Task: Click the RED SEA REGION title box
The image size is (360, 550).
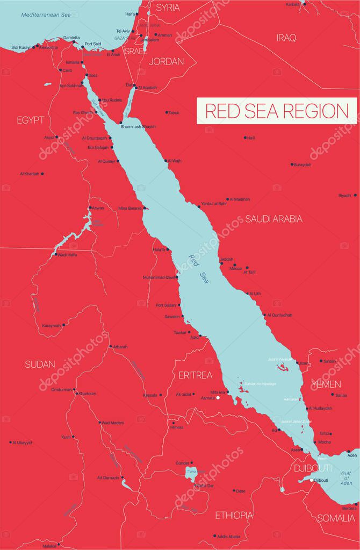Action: (x=277, y=111)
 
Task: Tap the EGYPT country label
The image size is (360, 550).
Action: (x=30, y=120)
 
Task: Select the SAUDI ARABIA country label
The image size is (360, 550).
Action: (x=273, y=219)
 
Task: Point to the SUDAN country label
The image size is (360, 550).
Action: (x=39, y=365)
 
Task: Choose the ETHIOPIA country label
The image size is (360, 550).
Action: (x=234, y=515)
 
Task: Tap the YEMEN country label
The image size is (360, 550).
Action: (x=326, y=384)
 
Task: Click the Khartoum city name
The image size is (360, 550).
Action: (x=87, y=394)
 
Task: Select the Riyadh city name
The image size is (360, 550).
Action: (x=344, y=196)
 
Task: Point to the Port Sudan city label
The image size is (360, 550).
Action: (x=166, y=305)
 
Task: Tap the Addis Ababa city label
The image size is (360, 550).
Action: (x=229, y=536)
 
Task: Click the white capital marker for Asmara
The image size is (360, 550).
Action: (x=218, y=398)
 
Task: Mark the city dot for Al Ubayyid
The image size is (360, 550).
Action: (x=11, y=442)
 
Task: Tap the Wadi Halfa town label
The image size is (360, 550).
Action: (x=67, y=255)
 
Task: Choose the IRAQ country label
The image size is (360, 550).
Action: (x=286, y=37)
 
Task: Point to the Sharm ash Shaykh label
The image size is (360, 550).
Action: (x=138, y=126)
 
